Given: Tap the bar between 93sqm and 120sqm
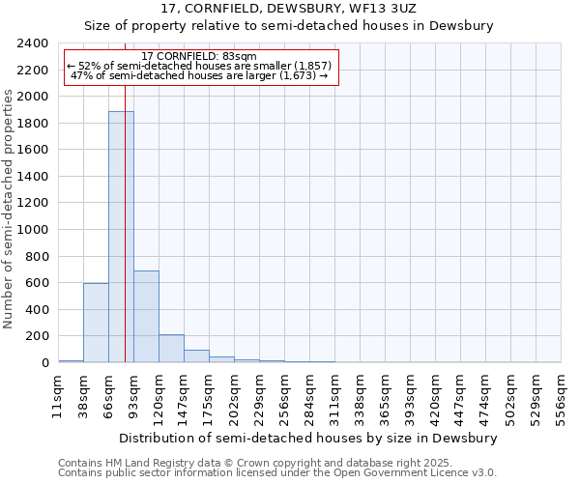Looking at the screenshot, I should pos(146,317).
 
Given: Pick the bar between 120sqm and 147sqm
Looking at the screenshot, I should pos(171,349).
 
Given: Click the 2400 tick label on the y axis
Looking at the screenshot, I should pos(34,43).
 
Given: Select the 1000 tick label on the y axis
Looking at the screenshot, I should pos(34,230).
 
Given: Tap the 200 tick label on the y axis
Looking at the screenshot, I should pos(38,336).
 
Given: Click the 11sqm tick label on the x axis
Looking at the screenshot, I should pos(58,395).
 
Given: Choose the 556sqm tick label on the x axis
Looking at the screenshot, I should pos(561,395).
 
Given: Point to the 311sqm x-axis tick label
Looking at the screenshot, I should pos(334,395).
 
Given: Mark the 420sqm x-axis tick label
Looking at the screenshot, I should pos(435,395).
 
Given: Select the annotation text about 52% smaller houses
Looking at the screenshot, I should pos(199,67).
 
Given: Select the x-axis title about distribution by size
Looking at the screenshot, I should pos(308,438).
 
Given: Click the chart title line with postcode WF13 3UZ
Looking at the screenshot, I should pos(289,8).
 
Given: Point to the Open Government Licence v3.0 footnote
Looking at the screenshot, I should pos(277,473).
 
